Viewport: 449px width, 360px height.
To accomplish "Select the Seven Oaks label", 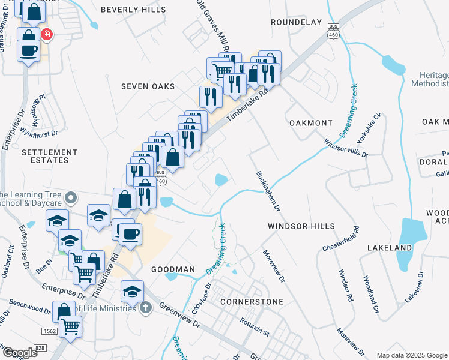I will [x=148, y=86].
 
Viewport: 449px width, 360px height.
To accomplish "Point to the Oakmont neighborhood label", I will [x=310, y=123].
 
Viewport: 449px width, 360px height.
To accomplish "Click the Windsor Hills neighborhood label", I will [x=301, y=226].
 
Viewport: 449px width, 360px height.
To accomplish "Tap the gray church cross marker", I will [x=145, y=308].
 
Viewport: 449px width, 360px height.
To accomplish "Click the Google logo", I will [x=20, y=353].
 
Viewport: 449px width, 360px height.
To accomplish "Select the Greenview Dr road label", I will [x=179, y=314].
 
